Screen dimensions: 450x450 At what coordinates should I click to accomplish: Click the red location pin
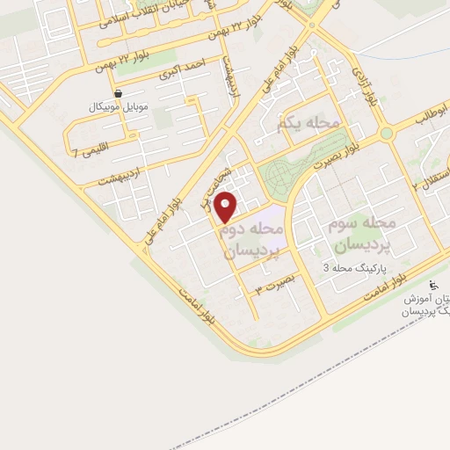[x=226, y=207]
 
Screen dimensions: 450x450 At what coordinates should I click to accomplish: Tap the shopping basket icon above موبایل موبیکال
[x=119, y=92]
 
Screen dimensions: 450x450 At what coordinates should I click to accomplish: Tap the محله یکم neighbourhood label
[x=307, y=125]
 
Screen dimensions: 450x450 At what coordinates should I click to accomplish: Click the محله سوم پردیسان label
[x=361, y=233]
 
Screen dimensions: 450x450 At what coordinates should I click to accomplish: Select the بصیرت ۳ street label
[x=272, y=287]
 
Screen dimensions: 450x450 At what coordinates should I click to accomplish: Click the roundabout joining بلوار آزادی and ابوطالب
[x=386, y=134]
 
